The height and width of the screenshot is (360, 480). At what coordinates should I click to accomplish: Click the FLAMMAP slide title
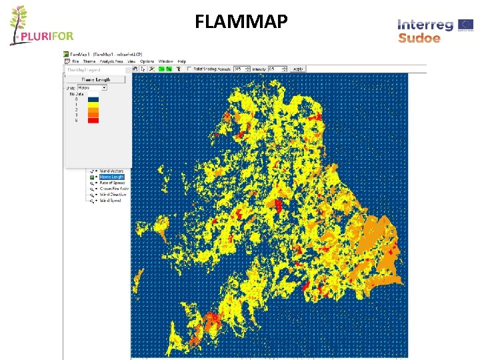[x=241, y=23]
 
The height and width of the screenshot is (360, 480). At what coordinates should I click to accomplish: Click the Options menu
[x=147, y=61]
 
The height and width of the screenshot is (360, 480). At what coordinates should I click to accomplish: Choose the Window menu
[x=166, y=61]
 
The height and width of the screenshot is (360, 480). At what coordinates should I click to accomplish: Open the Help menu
[x=182, y=61]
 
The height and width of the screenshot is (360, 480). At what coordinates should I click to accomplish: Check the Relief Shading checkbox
[x=190, y=69]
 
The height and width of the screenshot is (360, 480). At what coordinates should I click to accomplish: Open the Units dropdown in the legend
[x=92, y=87]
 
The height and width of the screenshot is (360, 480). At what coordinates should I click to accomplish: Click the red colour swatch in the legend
[x=93, y=120]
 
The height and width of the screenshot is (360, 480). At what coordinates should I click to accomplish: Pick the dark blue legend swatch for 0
[x=93, y=99]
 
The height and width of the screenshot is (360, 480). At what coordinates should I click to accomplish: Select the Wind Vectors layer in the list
[x=111, y=171]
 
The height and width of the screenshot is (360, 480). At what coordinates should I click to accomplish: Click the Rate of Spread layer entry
[x=111, y=183]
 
